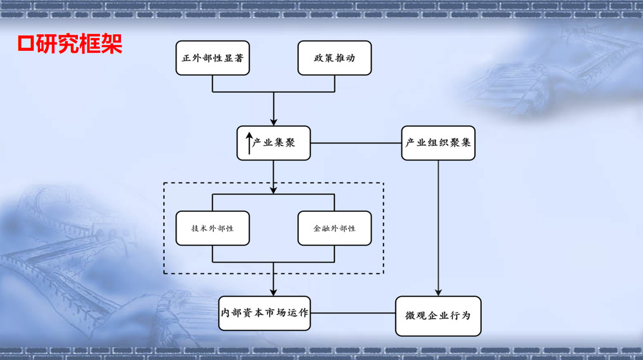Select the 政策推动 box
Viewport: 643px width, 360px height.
tap(334, 58)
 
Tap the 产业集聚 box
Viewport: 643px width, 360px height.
tap(273, 143)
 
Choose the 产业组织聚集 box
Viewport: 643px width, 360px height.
tap(438, 143)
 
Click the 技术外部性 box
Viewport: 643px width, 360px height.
tap(213, 228)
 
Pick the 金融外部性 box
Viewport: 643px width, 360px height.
tap(334, 228)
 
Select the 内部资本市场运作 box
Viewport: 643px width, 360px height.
tap(265, 313)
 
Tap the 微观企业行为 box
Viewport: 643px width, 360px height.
tap(438, 316)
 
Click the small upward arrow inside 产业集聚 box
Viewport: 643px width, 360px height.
tap(249, 143)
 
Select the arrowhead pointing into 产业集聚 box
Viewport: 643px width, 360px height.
tap(274, 121)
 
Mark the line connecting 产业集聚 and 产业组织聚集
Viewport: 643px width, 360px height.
tap(356, 143)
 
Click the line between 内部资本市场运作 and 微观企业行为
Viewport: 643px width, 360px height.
tap(353, 314)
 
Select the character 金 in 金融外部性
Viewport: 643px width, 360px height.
tap(317, 229)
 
